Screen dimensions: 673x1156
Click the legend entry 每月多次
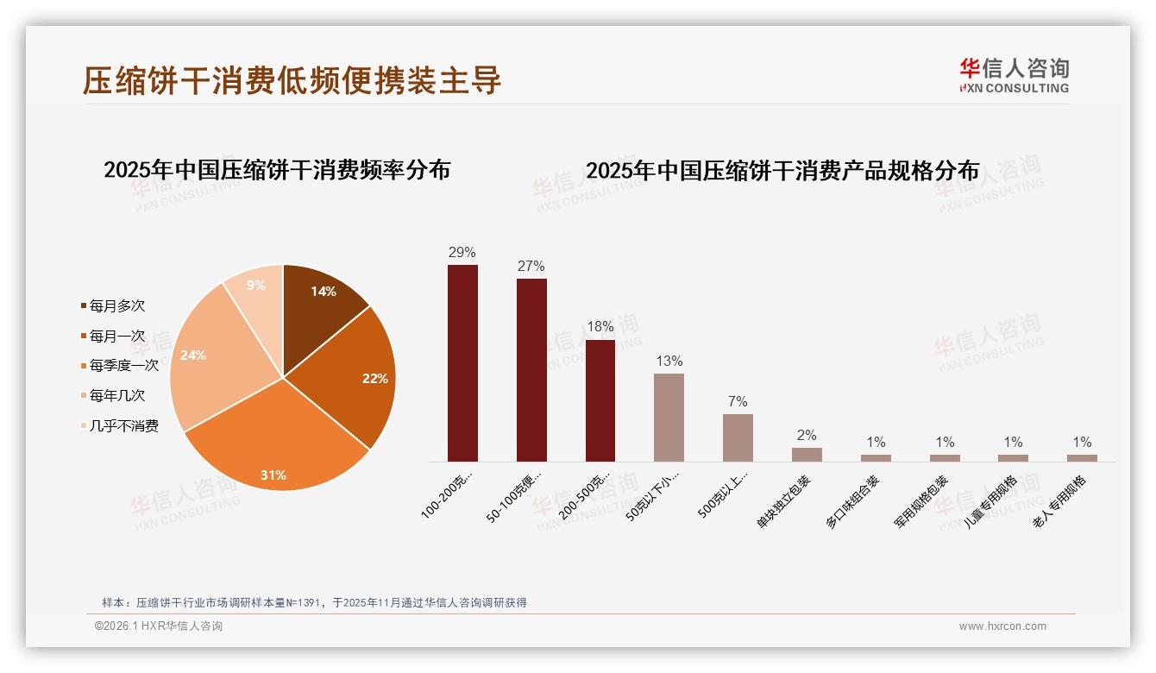[x=116, y=305]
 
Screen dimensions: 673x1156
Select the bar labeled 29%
[x=462, y=362]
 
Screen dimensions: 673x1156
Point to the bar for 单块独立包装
[x=807, y=454]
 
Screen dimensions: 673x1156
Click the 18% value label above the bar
[x=600, y=327]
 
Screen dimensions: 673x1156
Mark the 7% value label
[x=738, y=401]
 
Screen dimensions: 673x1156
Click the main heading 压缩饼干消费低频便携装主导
[x=292, y=80]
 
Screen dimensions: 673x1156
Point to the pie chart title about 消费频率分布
[x=277, y=170]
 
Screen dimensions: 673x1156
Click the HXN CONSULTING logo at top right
[x=1014, y=76]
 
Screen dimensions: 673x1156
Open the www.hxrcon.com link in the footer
[x=1002, y=626]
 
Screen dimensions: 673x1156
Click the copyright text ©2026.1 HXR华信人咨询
[x=159, y=626]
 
